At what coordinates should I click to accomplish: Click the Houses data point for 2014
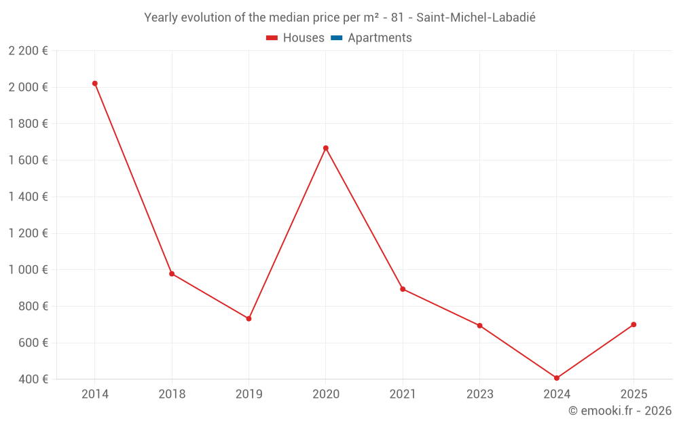95,84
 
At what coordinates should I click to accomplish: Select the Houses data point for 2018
172,274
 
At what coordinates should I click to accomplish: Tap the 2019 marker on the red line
249,318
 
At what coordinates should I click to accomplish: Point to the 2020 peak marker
326,148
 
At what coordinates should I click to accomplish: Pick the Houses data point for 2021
403,289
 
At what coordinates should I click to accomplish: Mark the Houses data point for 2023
479,326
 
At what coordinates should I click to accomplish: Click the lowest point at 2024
557,378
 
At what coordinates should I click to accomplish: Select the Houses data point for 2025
634,324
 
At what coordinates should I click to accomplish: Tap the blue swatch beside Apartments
336,38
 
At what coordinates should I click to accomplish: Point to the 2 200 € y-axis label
28,51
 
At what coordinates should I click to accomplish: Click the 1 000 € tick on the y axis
28,270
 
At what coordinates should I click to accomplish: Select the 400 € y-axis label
33,379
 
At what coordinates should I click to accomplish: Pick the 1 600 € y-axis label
28,160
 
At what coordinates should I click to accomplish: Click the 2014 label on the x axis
95,394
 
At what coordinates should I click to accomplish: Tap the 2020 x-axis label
326,394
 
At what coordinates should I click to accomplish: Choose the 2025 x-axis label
634,394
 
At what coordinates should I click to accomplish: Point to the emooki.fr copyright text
620,411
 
